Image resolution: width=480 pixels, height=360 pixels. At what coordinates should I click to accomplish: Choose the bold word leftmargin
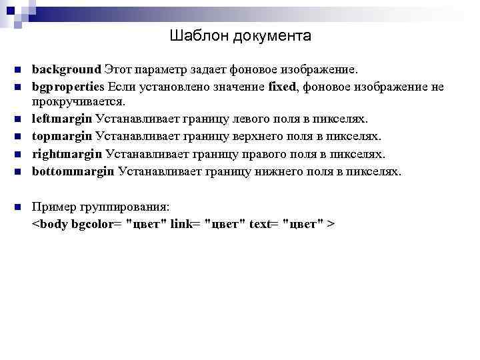pyautogui.click(x=62, y=119)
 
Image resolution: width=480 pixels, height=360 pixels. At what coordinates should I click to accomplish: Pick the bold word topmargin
pyautogui.click(x=63, y=137)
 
